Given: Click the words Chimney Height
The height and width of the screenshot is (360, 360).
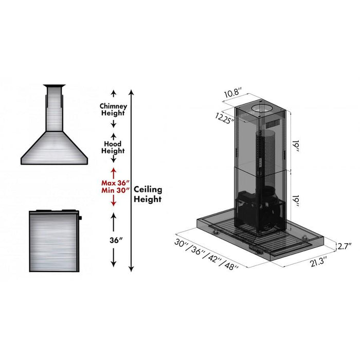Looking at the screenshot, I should pyautogui.click(x=113, y=109).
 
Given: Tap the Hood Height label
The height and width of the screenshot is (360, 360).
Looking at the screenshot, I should pyautogui.click(x=113, y=147).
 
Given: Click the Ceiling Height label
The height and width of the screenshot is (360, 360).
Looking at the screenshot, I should pyautogui.click(x=148, y=194).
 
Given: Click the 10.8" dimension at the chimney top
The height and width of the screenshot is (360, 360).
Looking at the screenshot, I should pyautogui.click(x=233, y=94).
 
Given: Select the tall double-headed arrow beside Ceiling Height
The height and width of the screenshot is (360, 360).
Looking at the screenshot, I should pyautogui.click(x=132, y=180).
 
